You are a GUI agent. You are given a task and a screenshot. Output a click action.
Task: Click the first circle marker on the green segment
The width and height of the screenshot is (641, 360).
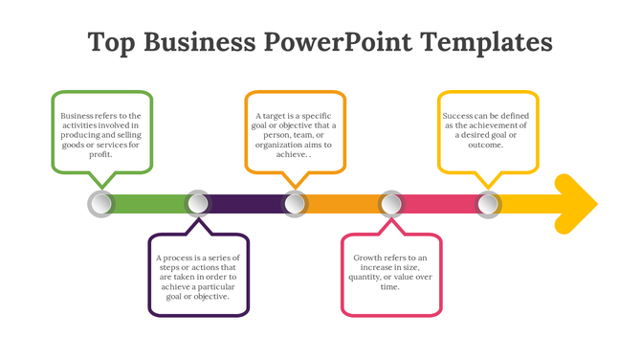coord(100,203)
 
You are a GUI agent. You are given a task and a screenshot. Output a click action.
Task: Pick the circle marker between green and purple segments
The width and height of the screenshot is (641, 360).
coord(197,203)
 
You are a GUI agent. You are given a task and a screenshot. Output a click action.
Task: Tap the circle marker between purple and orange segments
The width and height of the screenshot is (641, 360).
coord(295,203)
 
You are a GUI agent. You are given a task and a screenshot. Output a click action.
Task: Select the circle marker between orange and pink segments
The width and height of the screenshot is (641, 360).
coord(391,203)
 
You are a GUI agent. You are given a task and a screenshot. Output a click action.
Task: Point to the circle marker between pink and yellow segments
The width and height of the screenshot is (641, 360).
coord(488,203)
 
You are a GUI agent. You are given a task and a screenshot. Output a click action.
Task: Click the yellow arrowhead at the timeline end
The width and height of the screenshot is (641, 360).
coord(576,203)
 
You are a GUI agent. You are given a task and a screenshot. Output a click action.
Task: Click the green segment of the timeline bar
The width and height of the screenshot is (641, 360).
coord(148,203)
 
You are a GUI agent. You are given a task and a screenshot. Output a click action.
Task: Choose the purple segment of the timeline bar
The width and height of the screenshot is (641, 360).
coord(246,203)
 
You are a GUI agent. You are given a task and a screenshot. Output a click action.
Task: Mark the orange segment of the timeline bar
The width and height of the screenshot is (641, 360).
coord(343,203)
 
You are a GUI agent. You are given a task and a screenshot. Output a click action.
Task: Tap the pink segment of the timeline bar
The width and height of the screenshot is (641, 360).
coord(440,203)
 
